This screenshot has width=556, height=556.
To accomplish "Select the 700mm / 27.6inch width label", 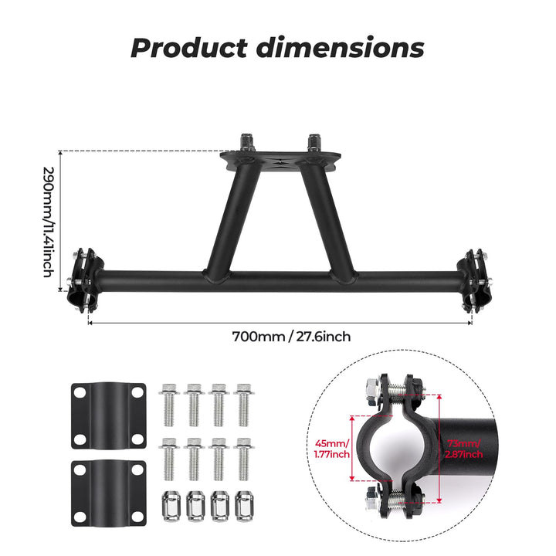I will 280,337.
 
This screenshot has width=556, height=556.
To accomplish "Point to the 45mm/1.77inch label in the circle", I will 332,449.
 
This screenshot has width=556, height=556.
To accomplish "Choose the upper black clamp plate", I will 109,415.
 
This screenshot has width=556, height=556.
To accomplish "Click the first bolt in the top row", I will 170,402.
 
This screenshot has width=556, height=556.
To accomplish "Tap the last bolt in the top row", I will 243,402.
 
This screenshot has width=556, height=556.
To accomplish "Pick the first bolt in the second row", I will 170,457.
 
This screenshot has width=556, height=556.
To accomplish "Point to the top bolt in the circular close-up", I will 394,389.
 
